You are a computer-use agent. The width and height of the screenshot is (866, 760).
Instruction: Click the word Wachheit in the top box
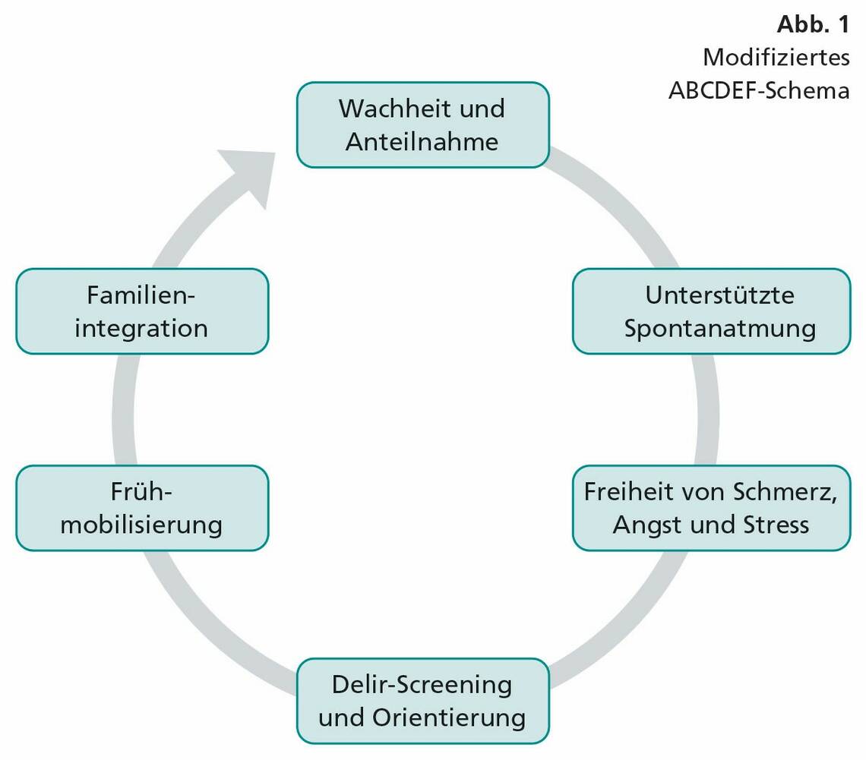(x=393, y=109)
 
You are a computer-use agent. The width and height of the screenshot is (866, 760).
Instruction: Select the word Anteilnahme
(x=422, y=142)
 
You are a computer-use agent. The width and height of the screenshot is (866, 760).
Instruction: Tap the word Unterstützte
(x=719, y=295)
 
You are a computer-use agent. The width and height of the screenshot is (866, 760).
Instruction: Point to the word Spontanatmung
(x=719, y=329)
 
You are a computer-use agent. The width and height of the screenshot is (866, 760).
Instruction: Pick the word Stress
(x=774, y=525)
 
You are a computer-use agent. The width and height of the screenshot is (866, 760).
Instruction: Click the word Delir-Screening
(x=422, y=684)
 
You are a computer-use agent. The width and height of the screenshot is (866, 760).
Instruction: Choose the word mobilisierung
(x=141, y=525)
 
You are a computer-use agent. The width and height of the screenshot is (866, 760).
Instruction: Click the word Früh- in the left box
(x=142, y=491)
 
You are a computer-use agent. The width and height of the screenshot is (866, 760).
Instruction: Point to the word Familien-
(x=141, y=295)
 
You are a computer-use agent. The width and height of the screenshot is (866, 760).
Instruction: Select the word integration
(x=141, y=329)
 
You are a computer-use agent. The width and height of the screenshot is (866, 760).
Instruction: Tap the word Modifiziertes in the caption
(x=776, y=57)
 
